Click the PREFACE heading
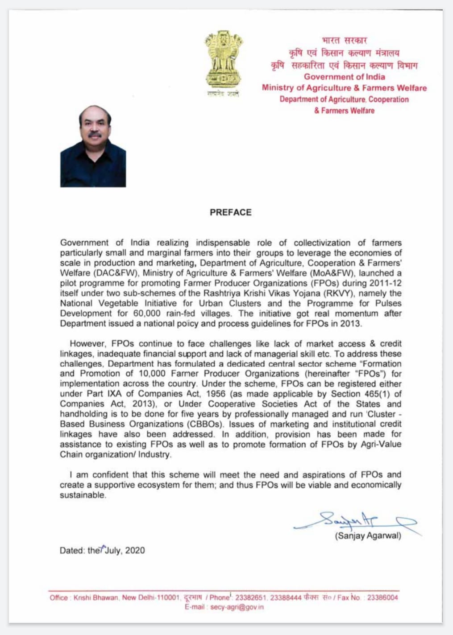(x=230, y=213)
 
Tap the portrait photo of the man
(x=93, y=146)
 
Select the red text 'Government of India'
(x=344, y=77)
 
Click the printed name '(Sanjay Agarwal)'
(x=368, y=536)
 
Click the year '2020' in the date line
(x=135, y=551)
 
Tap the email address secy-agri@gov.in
(x=237, y=607)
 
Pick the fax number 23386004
(x=382, y=598)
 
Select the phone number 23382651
(x=250, y=598)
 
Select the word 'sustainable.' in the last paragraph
(x=83, y=495)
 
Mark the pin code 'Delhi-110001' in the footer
(x=159, y=598)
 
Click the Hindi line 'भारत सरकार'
(x=344, y=41)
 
